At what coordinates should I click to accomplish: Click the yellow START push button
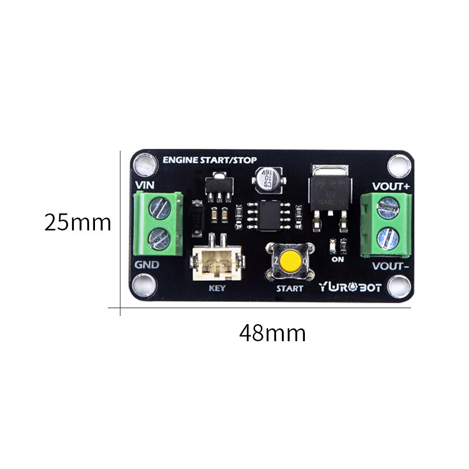(290, 261)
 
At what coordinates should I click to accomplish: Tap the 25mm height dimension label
(77, 223)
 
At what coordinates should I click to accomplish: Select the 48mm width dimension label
(272, 333)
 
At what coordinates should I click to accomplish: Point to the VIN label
(145, 186)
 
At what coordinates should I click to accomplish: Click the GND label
(147, 264)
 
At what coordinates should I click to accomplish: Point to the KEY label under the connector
(217, 288)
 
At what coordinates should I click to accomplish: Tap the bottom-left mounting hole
(144, 286)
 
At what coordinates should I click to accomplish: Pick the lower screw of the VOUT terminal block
(387, 238)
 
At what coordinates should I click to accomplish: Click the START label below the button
(290, 288)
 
